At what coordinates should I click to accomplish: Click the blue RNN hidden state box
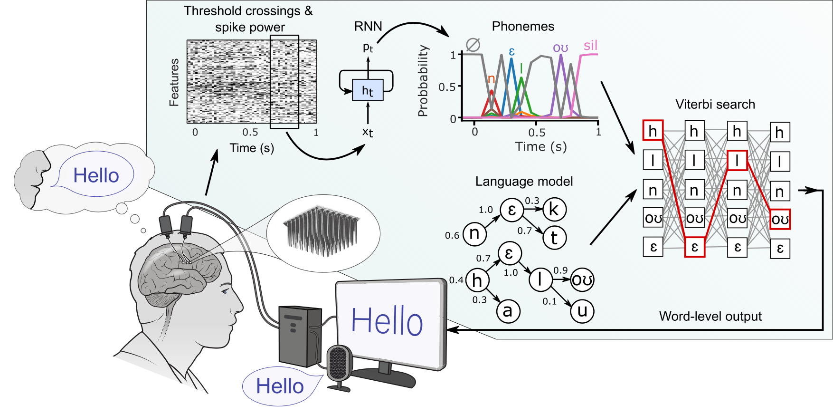click(368, 90)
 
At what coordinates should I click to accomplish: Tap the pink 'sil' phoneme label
click(590, 46)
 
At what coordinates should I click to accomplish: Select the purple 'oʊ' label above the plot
click(560, 48)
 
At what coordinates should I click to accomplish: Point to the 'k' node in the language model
click(554, 209)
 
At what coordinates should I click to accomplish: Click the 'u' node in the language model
click(582, 311)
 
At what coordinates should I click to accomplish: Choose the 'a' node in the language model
click(508, 311)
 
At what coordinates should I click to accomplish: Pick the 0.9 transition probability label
click(560, 270)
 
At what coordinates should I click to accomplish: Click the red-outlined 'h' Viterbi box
click(653, 131)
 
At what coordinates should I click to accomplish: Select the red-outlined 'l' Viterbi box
click(737, 161)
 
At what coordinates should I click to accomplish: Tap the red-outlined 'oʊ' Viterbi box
click(780, 219)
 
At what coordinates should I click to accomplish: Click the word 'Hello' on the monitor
click(387, 321)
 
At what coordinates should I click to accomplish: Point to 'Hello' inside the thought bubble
click(96, 175)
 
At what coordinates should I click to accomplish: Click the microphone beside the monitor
click(339, 363)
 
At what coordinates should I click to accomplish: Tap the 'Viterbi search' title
click(715, 104)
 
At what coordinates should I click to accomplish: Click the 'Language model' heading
click(524, 181)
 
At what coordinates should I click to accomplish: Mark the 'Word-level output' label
click(710, 316)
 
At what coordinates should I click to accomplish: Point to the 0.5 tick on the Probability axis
click(447, 87)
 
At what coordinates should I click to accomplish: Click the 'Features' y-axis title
click(174, 82)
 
